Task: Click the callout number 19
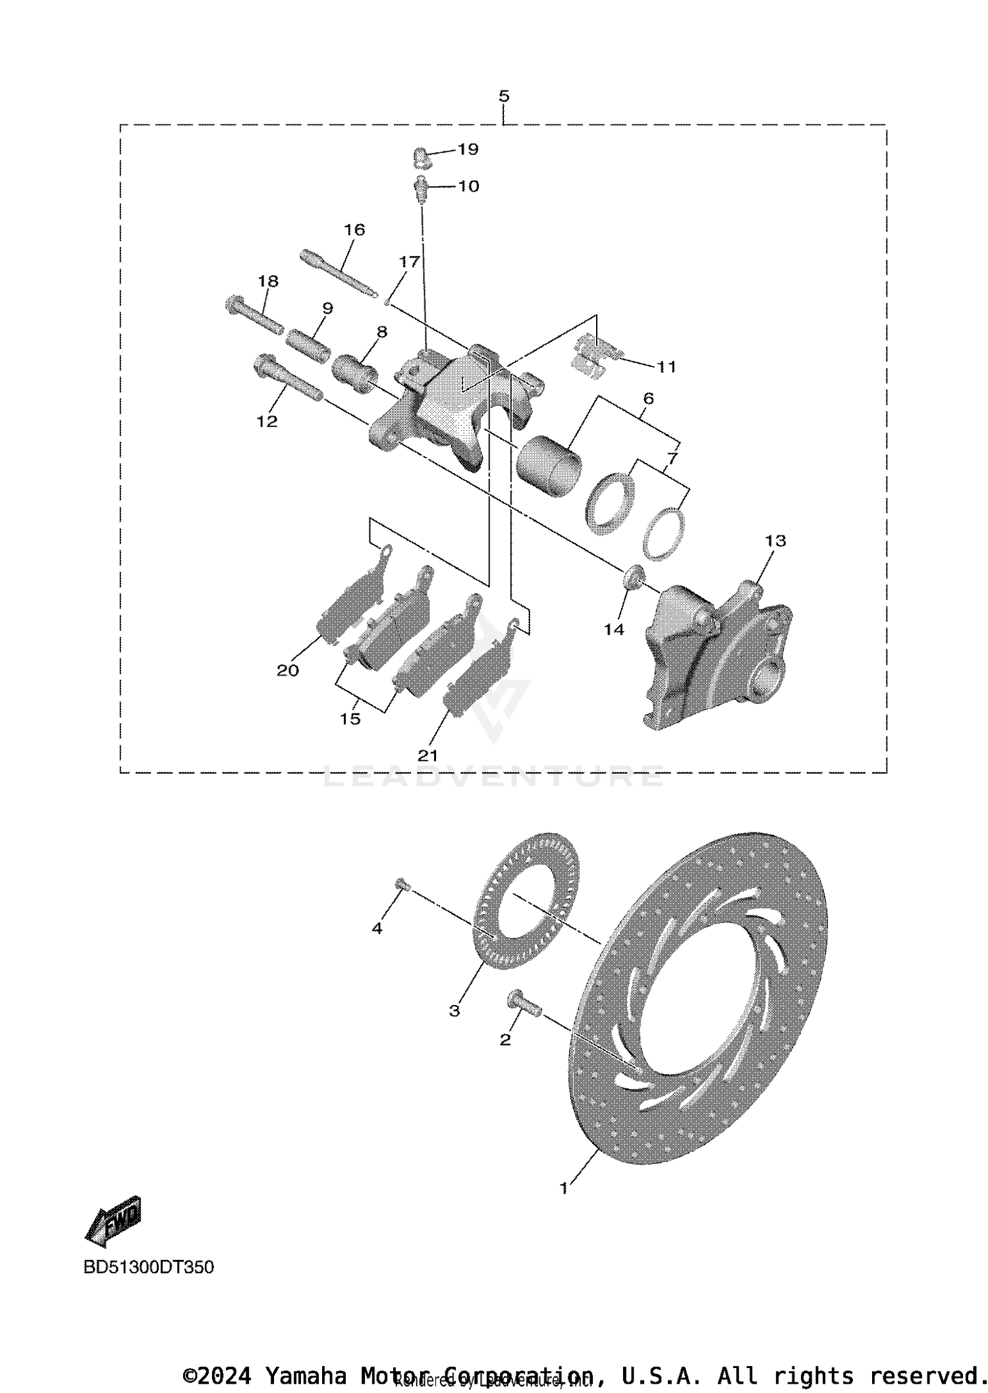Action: point(468,150)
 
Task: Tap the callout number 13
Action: point(775,541)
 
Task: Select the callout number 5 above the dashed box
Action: point(504,96)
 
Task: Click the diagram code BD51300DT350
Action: point(149,1267)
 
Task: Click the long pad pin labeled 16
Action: point(338,273)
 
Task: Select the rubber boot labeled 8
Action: point(354,373)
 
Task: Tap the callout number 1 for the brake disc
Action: point(563,1188)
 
